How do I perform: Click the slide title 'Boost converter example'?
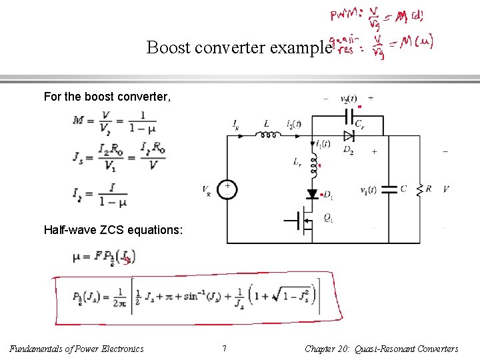click(239, 48)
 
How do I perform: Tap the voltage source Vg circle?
click(227, 189)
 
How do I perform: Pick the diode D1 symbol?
click(312, 195)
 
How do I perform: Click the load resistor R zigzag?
click(420, 191)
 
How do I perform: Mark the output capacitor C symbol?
click(390, 190)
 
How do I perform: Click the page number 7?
click(224, 349)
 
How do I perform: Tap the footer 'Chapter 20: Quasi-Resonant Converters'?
click(381, 349)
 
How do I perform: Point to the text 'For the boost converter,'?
click(107, 97)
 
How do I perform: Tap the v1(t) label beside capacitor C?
click(368, 190)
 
